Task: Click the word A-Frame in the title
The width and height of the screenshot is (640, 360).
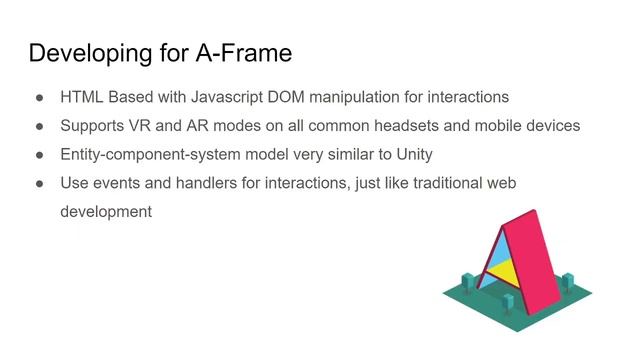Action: (245, 53)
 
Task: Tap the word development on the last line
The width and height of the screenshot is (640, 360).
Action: (105, 212)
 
